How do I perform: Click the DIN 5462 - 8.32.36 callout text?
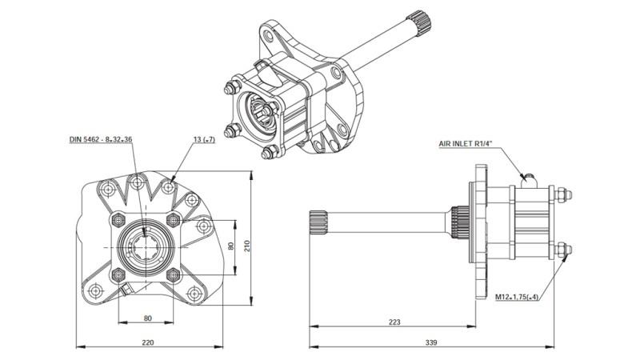[100, 139]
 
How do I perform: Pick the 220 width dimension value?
[148, 342]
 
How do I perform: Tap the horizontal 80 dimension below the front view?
[147, 318]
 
